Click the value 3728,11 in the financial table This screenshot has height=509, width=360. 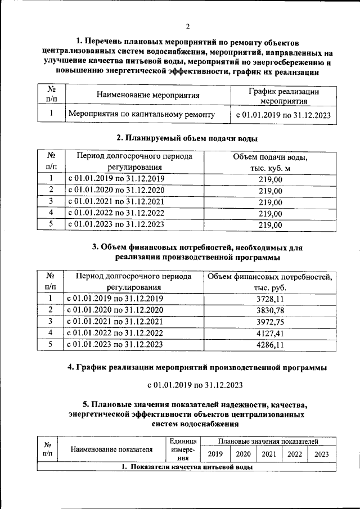click(270, 299)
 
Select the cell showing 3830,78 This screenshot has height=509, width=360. click(270, 310)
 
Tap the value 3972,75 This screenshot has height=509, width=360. click(270, 322)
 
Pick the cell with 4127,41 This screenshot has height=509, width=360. click(270, 333)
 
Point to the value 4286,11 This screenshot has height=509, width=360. click(270, 345)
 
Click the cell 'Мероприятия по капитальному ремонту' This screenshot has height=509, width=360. click(141, 115)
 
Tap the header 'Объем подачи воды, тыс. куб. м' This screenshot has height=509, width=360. click(270, 162)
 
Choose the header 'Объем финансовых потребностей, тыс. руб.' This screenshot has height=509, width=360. click(270, 281)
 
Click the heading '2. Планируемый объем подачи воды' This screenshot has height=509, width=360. click(187, 137)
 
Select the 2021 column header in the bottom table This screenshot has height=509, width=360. click(269, 454)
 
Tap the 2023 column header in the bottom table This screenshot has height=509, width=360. click(322, 454)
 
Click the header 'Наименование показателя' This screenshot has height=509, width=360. click(112, 449)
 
